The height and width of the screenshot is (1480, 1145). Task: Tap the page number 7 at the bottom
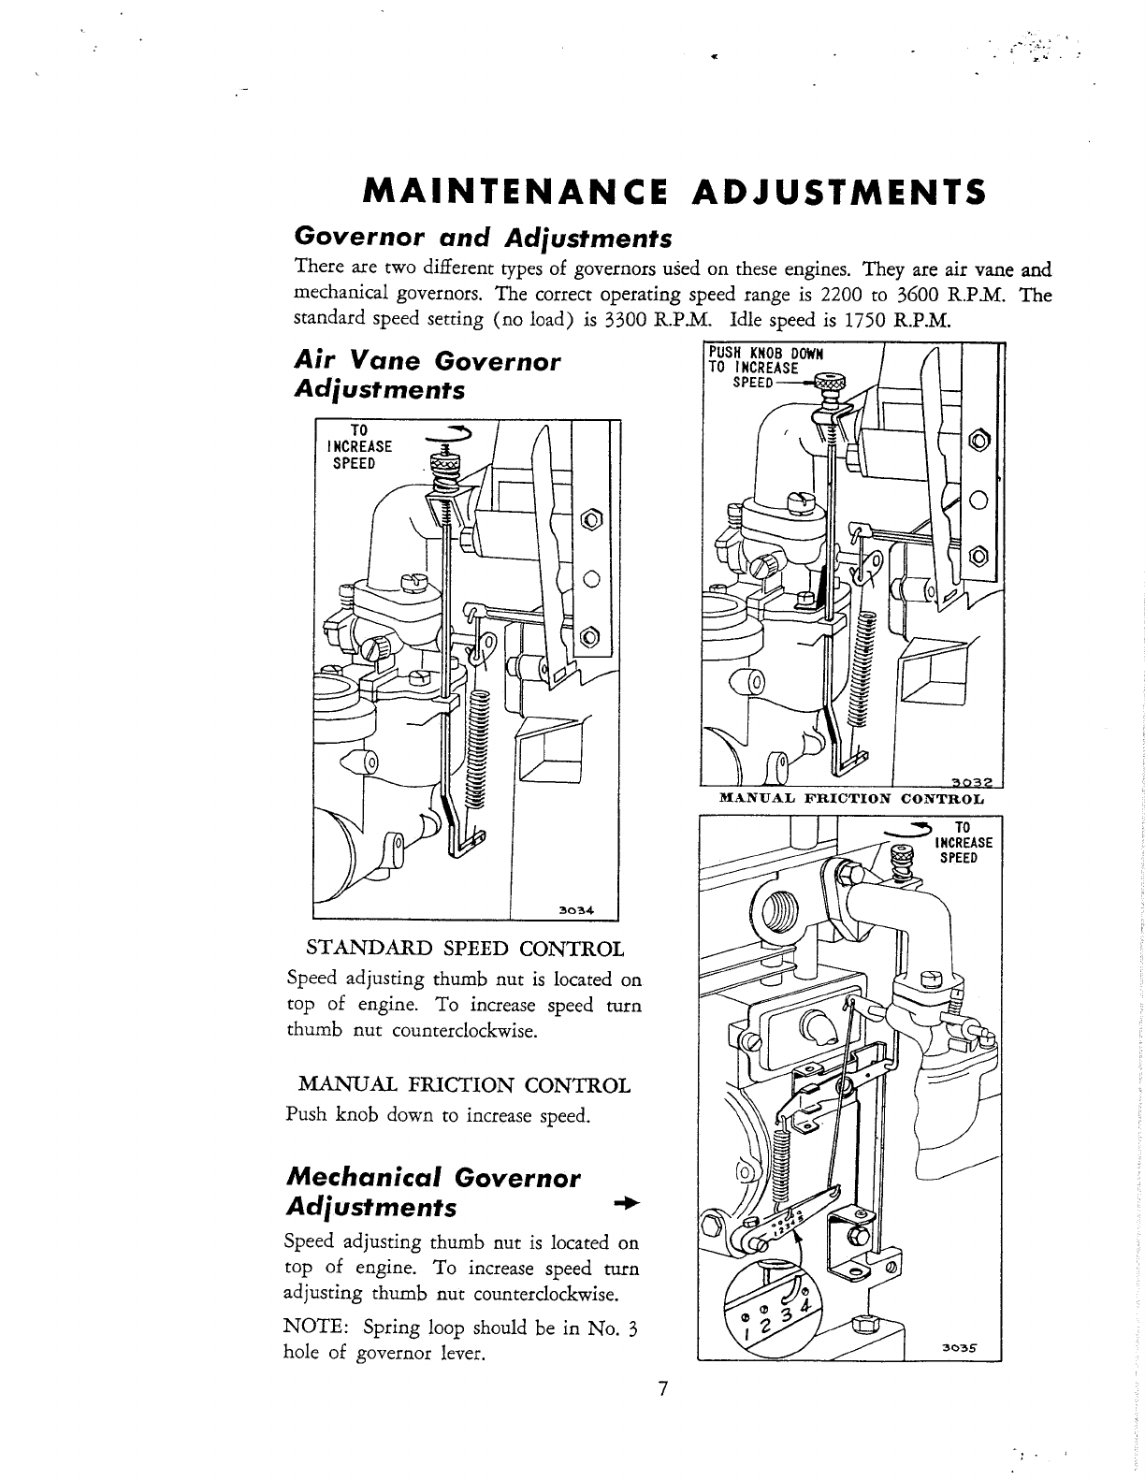tap(661, 1389)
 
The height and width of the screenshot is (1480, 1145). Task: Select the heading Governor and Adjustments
tap(482, 236)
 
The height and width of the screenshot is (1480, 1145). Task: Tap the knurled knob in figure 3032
tap(828, 382)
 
